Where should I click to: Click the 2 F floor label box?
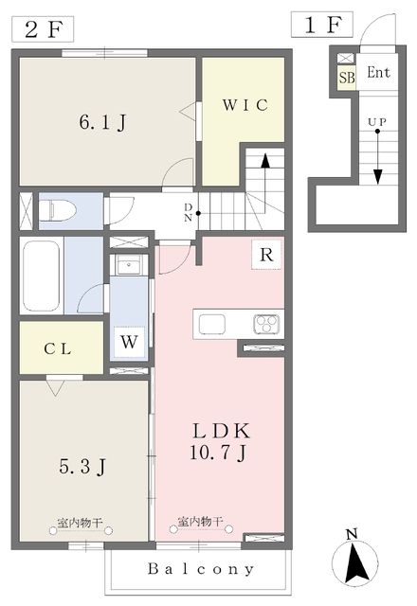pyautogui.click(x=43, y=29)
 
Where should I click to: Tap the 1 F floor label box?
pyautogui.click(x=322, y=25)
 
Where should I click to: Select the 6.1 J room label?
pyautogui.click(x=103, y=122)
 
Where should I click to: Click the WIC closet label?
pyautogui.click(x=245, y=105)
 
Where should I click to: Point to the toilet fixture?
pyautogui.click(x=57, y=211)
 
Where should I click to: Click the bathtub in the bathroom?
pyautogui.click(x=41, y=276)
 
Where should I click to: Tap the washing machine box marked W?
pyautogui.click(x=129, y=342)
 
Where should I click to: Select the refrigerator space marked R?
pyautogui.click(x=266, y=255)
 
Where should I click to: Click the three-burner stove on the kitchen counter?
pyautogui.click(x=266, y=324)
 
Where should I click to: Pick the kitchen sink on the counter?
pyautogui.click(x=212, y=324)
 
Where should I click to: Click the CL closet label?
pyautogui.click(x=58, y=349)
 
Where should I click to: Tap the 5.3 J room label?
pyautogui.click(x=82, y=467)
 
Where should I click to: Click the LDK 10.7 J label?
pyautogui.click(x=221, y=441)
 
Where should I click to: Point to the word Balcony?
pyautogui.click(x=201, y=569)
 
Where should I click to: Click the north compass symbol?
pyautogui.click(x=355, y=557)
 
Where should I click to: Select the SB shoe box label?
pyautogui.click(x=347, y=78)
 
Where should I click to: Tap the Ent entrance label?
pyautogui.click(x=378, y=72)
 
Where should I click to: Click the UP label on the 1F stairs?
pyautogui.click(x=377, y=122)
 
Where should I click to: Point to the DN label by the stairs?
pyautogui.click(x=188, y=212)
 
